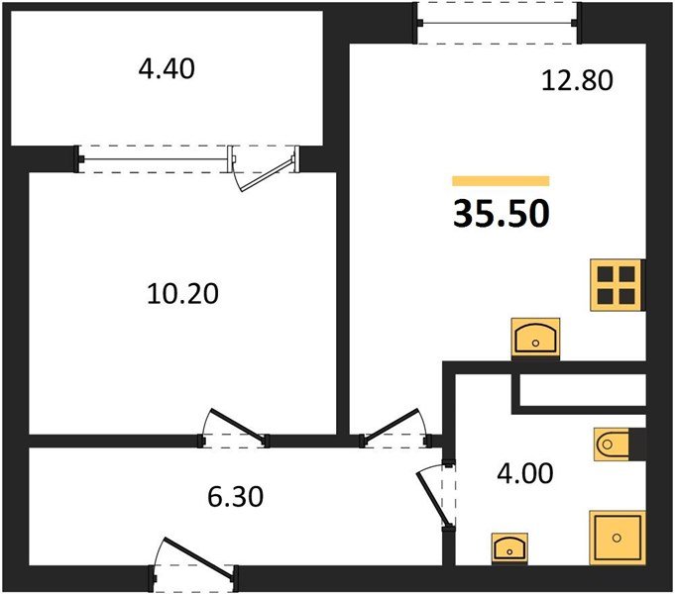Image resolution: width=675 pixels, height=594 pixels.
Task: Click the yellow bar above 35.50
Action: tap(501, 181)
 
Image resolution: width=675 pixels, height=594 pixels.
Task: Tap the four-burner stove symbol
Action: tap(617, 285)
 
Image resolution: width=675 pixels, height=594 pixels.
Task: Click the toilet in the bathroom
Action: tap(617, 445)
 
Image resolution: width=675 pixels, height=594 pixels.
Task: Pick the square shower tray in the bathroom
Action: tap(617, 538)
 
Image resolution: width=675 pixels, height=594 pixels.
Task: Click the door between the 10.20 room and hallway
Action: tap(234, 427)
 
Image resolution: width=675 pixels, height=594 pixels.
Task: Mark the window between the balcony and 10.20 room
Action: tap(154, 158)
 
